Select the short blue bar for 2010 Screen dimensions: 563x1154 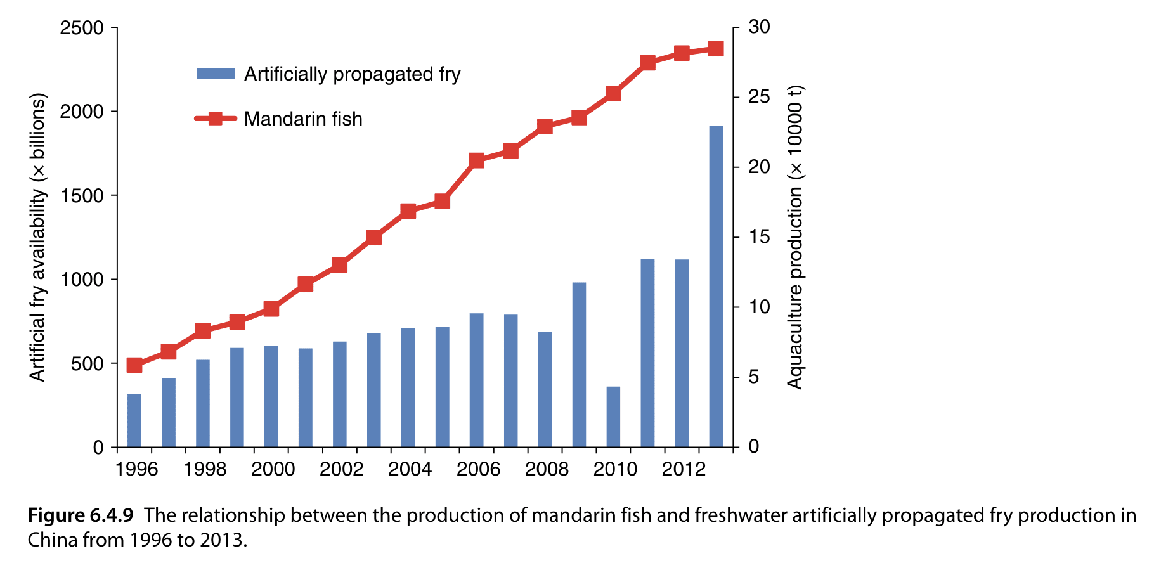click(x=613, y=417)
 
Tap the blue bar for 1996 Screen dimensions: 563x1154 click(x=134, y=420)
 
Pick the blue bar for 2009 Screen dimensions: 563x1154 click(x=579, y=365)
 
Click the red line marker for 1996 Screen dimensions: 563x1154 click(x=134, y=365)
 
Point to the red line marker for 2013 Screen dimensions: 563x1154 click(x=716, y=49)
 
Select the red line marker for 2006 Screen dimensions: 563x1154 click(x=477, y=160)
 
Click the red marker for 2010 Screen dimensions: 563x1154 click(x=613, y=94)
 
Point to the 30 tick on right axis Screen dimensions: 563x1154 click(x=759, y=27)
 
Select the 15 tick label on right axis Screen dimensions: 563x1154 click(x=759, y=237)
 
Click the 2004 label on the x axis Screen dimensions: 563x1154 click(x=410, y=469)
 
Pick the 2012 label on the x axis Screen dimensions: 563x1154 click(x=684, y=469)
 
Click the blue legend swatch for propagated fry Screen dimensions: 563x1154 click(x=216, y=74)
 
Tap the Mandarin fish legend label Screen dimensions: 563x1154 click(x=303, y=119)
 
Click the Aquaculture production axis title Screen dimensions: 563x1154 click(x=794, y=237)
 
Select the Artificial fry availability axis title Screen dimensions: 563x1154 click(x=38, y=237)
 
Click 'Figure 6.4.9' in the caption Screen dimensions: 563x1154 click(x=81, y=515)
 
